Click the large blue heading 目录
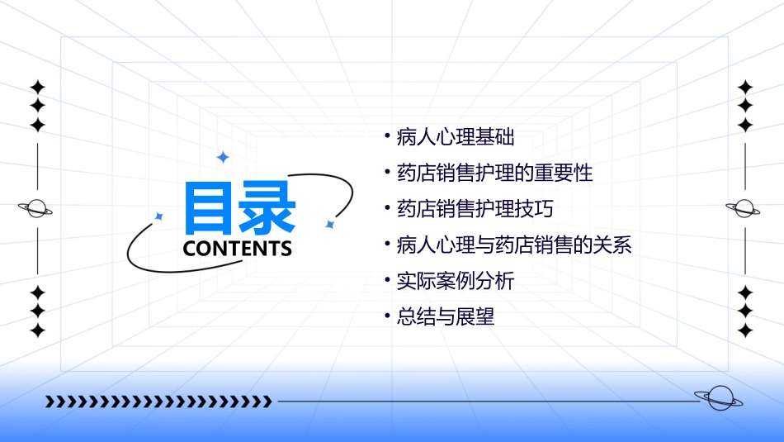coord(239,207)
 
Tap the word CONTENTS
coord(238,249)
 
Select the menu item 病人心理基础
coord(456,137)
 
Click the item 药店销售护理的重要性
coord(494,173)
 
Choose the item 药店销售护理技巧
coord(475,209)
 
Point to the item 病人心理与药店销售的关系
coord(514,245)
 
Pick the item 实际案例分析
coord(455,281)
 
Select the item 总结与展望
coord(446,317)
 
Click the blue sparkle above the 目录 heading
coord(222,157)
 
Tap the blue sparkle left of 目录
coord(159,216)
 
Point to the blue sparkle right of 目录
coord(329,224)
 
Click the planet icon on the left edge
coord(36,209)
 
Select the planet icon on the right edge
coord(744,209)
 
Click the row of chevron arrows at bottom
coord(158,402)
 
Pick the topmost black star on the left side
coord(37,88)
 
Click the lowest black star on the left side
coord(37,330)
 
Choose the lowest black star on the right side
coord(745,330)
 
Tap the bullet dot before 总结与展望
coord(387,315)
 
